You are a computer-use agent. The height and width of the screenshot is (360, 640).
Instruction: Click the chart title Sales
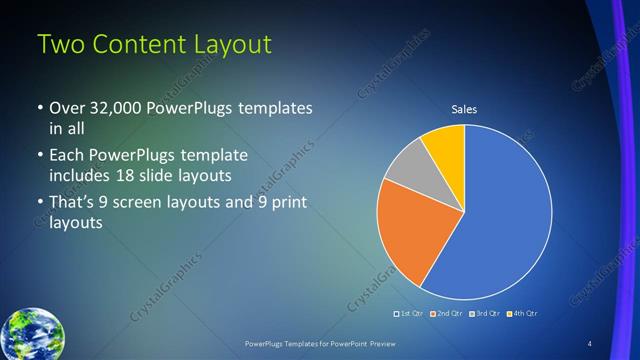[x=464, y=109]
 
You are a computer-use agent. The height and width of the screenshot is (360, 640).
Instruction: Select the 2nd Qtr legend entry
[x=448, y=313]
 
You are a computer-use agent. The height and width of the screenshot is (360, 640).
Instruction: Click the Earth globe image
[x=32, y=334]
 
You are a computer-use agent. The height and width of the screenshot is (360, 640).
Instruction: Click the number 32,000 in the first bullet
[x=113, y=108]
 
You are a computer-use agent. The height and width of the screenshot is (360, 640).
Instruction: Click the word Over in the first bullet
[x=67, y=108]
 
